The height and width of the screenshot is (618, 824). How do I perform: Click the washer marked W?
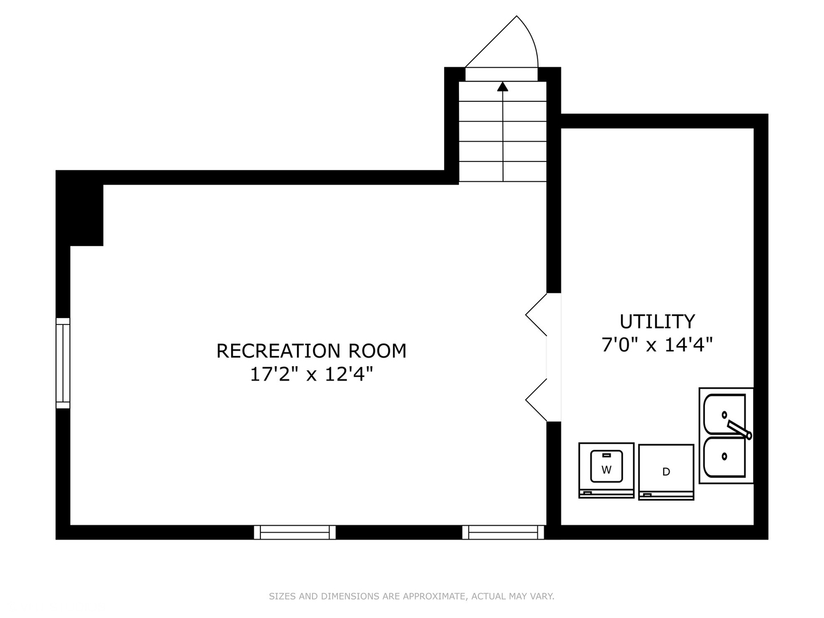(606, 470)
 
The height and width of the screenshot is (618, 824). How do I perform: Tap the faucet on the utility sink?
(738, 429)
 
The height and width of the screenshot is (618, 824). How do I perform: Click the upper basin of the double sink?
(724, 414)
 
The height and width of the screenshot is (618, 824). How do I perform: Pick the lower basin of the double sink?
(724, 457)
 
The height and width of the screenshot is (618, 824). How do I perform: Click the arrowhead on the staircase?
(502, 86)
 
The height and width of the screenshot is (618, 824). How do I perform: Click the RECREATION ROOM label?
(311, 351)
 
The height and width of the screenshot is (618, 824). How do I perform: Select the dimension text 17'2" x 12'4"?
(311, 375)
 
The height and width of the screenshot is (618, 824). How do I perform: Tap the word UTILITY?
(657, 322)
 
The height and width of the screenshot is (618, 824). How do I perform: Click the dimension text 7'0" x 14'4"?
(657, 345)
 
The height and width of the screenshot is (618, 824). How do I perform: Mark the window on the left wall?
(62, 363)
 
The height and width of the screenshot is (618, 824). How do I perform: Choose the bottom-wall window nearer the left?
(295, 532)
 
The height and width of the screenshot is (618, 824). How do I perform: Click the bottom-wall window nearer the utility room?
(503, 532)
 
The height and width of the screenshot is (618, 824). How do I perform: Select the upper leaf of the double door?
(537, 315)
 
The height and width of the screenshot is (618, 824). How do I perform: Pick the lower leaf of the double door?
(537, 401)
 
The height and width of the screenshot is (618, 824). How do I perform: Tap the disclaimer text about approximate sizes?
(411, 596)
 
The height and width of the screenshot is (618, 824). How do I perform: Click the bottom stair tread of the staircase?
(502, 172)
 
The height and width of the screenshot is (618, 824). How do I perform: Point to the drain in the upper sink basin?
(724, 414)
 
